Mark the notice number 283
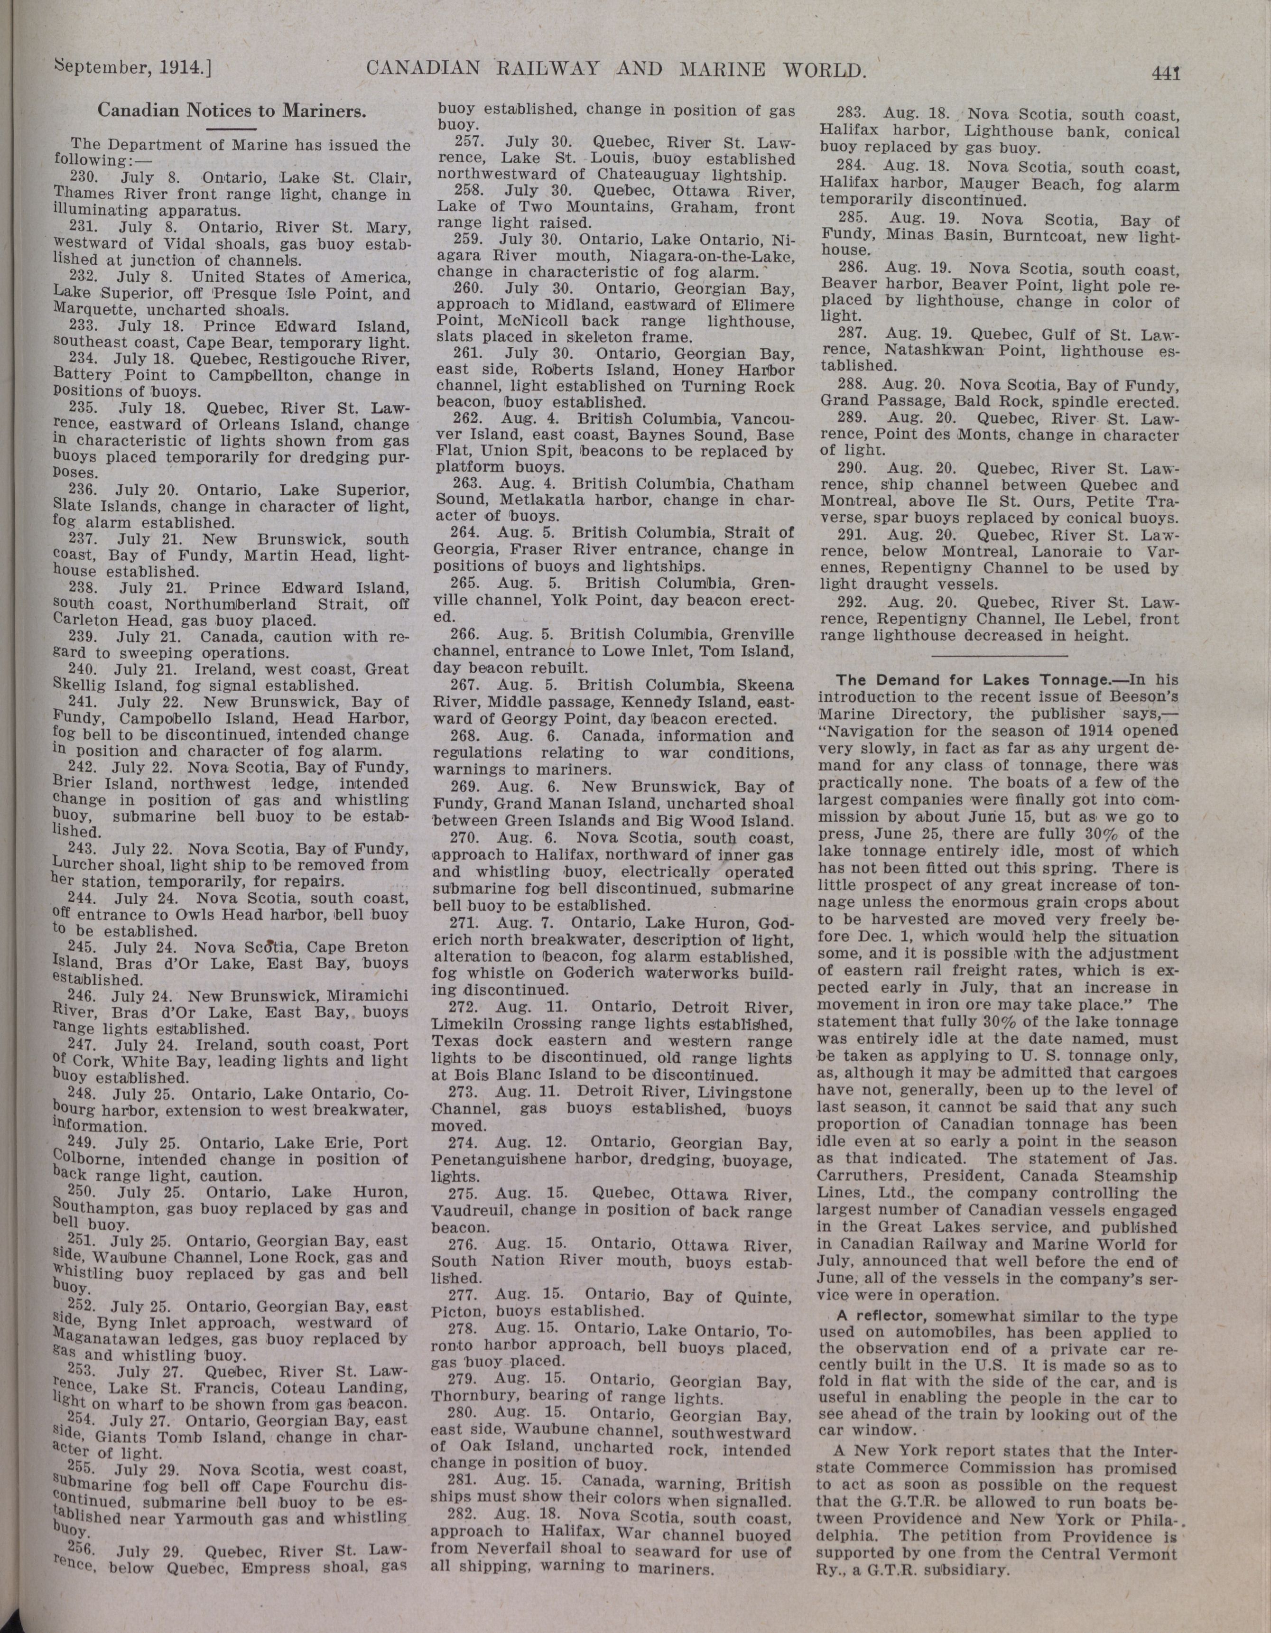point(851,115)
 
